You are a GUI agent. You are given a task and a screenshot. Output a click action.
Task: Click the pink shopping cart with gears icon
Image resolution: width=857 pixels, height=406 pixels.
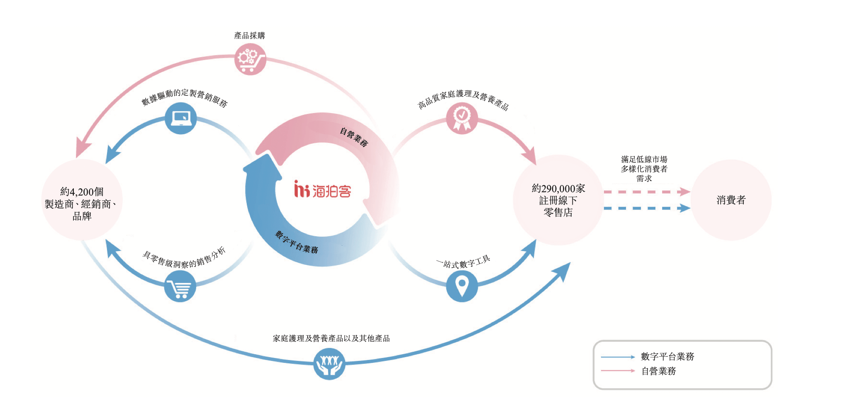pos(250,59)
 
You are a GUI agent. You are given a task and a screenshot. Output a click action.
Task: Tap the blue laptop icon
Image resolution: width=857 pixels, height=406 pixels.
pos(181,118)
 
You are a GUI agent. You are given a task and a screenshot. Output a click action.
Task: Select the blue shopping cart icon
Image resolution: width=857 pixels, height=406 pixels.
pos(180,286)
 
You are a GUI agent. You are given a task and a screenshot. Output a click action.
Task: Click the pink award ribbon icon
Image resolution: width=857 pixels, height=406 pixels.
pos(462,118)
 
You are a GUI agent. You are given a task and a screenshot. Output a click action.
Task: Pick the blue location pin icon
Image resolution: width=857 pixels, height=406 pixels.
pos(462,286)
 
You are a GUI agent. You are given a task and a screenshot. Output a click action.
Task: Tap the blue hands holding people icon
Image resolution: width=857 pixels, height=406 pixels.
pos(329,364)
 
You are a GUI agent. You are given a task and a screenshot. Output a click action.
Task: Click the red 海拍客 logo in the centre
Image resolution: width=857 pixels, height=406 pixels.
pos(323,189)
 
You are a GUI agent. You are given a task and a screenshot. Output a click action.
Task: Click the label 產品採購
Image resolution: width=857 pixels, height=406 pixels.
pos(249,36)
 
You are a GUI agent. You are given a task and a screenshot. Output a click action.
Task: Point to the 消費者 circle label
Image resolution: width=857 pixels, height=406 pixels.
pos(731,200)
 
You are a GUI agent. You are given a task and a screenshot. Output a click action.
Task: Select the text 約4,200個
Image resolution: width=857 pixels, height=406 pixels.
pos(82,192)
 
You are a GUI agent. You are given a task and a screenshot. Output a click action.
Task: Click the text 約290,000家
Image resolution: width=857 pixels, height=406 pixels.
pos(558,188)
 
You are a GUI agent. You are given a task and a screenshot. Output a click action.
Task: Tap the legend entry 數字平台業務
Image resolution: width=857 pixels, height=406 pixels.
pos(667,356)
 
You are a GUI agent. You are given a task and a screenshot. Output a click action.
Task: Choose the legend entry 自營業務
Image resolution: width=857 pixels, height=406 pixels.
pos(659,371)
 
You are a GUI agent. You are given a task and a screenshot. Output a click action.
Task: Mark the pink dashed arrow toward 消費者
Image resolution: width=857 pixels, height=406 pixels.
pos(647,192)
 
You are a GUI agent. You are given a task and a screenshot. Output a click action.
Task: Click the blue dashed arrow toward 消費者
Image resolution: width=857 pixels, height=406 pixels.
pos(647,208)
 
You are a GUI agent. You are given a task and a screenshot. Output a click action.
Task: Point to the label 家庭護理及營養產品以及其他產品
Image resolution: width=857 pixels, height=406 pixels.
pos(331,338)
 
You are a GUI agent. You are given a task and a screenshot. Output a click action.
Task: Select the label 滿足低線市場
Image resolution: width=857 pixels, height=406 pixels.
pos(644,159)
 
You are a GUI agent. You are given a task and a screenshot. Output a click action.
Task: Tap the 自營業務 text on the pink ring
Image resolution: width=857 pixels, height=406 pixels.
pos(354,137)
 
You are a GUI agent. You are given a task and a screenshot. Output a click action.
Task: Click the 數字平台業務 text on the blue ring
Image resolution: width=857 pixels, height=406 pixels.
pos(297,243)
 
